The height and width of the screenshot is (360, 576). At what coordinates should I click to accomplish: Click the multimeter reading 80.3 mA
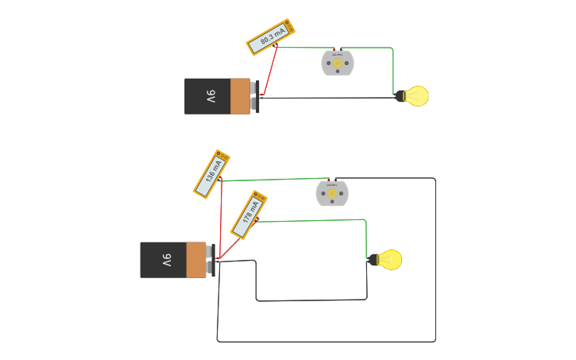272,37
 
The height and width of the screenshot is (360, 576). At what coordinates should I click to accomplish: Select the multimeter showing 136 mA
212,174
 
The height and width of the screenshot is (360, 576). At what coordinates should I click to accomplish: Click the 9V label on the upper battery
211,97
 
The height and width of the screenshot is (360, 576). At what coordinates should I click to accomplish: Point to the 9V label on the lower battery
166,260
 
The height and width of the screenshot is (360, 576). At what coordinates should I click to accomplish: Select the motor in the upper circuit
337,62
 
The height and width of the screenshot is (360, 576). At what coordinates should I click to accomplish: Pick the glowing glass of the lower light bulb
390,259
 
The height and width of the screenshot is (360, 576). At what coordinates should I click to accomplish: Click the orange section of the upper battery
240,96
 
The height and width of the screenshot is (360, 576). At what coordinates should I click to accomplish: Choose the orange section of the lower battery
195,260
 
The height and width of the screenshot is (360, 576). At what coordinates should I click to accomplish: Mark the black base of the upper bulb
401,96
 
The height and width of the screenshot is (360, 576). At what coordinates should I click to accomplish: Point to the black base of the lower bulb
373,259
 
